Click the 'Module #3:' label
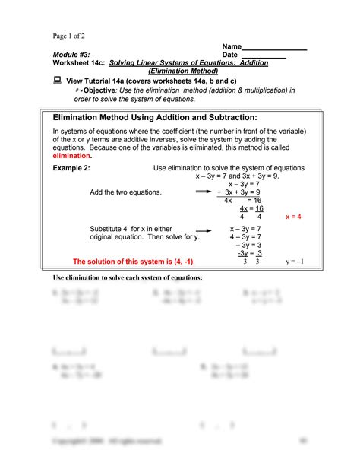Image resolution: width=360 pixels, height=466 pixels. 71,55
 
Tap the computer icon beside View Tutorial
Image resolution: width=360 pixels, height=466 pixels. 57,80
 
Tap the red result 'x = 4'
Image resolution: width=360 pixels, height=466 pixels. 293,217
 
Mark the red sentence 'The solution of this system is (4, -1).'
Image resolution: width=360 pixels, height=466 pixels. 133,262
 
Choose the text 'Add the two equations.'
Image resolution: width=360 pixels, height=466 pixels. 125,192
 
